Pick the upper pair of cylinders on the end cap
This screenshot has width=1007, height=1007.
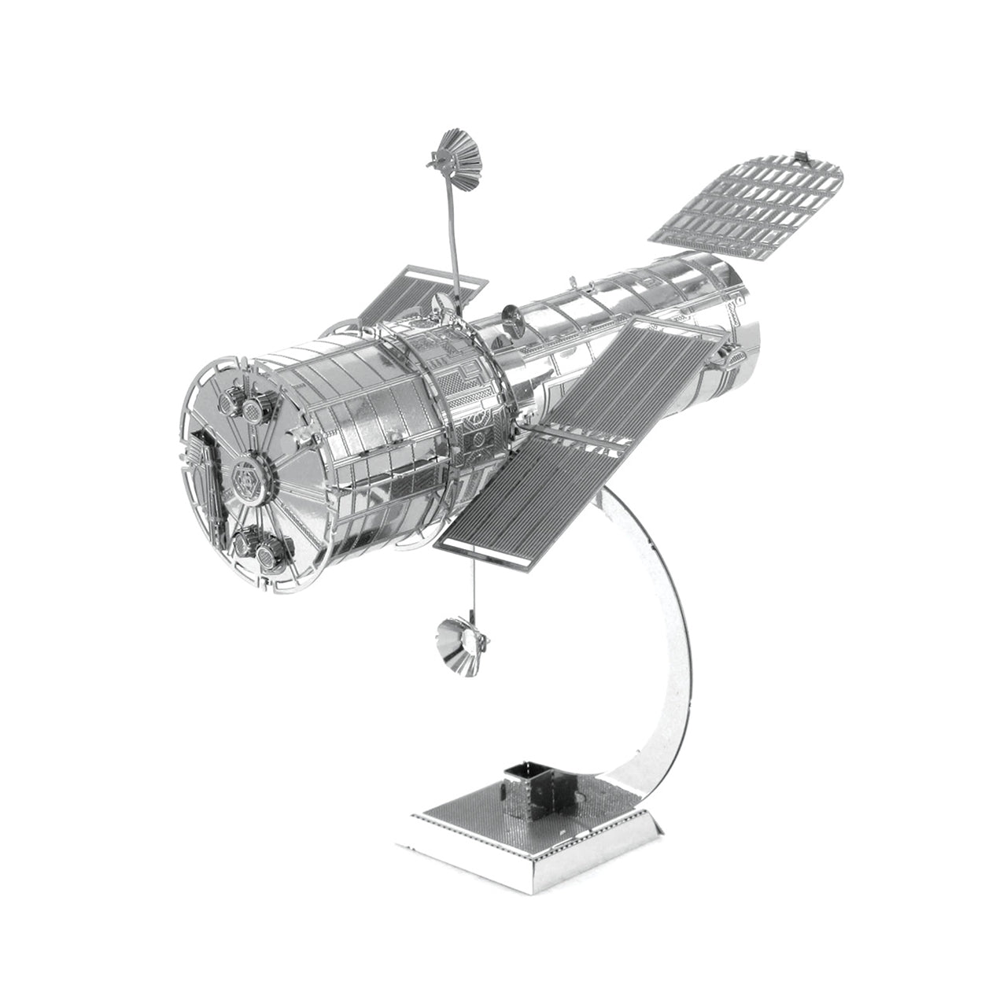point(242,404)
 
